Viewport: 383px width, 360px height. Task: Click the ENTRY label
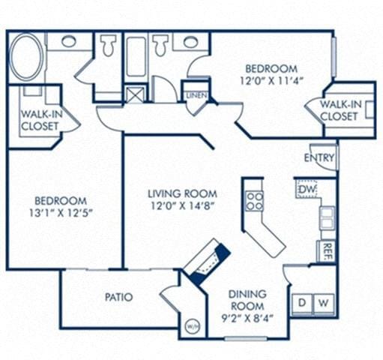[319, 157]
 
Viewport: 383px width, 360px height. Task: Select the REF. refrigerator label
[328, 251]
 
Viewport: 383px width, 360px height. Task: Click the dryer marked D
[302, 303]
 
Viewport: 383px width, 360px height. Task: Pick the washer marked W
[323, 303]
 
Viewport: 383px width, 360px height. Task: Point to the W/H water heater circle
[192, 326]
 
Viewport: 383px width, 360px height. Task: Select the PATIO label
[118, 297]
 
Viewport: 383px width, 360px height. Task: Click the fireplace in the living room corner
[206, 261]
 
